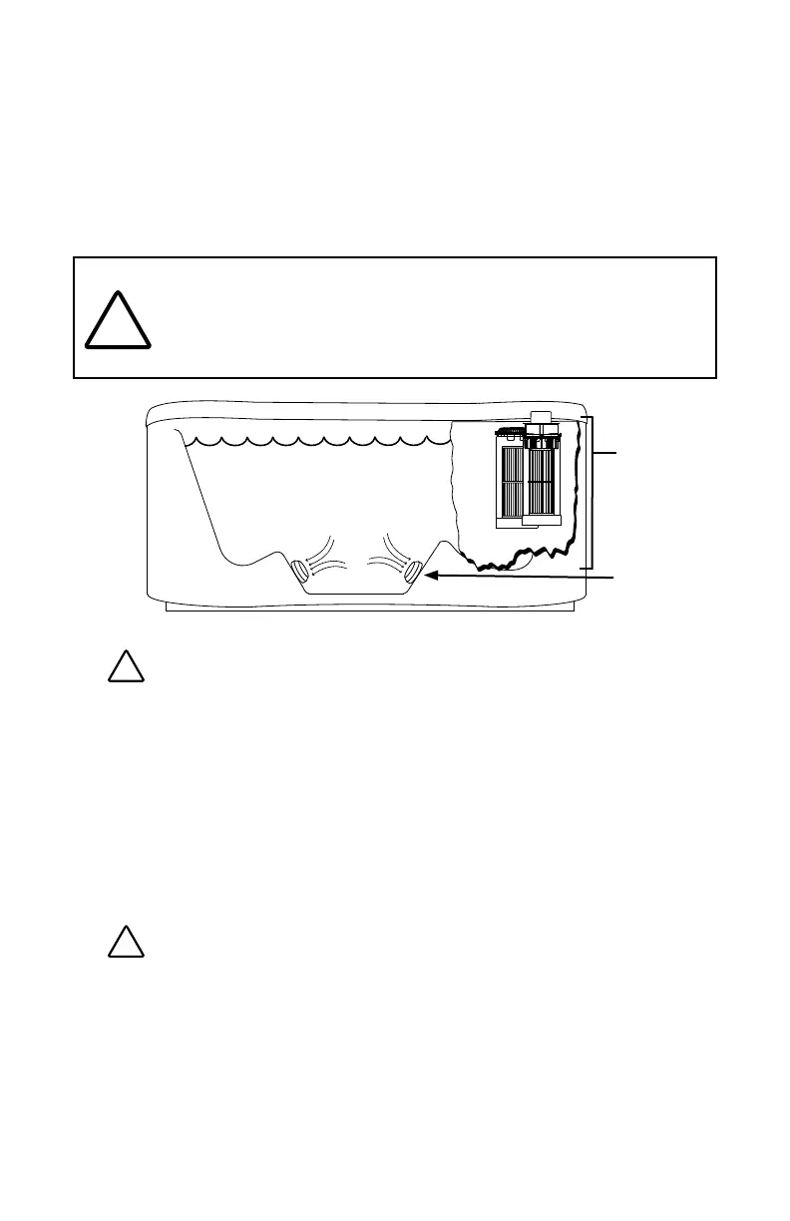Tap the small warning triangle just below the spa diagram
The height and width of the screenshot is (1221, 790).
click(x=127, y=666)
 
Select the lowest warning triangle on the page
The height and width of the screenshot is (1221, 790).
click(x=127, y=942)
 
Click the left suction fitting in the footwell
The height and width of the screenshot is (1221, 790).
click(x=299, y=573)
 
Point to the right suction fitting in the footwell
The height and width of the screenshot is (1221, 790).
click(x=414, y=572)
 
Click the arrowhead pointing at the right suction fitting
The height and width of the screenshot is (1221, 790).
click(x=431, y=575)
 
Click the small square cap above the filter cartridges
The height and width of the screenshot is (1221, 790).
click(x=541, y=416)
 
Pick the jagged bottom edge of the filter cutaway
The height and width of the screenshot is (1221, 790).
click(x=519, y=557)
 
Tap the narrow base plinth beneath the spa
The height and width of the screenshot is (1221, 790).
click(x=369, y=608)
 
